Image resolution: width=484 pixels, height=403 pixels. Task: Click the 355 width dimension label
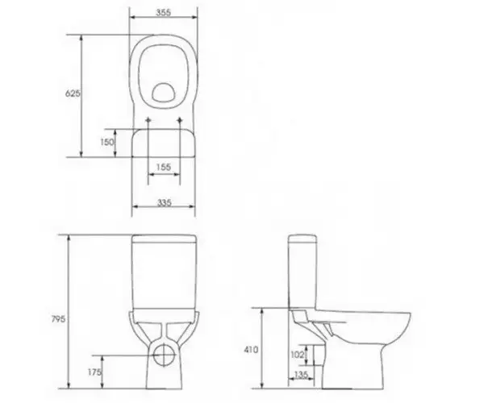(163, 13)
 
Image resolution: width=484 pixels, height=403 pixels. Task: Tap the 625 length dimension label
(73, 93)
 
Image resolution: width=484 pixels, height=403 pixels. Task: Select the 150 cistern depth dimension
(106, 142)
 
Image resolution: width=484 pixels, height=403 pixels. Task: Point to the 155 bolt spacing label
(164, 167)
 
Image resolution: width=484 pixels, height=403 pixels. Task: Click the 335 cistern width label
(165, 202)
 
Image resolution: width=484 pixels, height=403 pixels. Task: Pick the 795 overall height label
(58, 319)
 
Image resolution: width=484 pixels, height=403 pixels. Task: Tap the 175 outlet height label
(94, 372)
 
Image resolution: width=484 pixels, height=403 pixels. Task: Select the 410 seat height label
(251, 350)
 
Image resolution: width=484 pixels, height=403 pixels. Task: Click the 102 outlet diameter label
(298, 355)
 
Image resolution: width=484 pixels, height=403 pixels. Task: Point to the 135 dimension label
(301, 374)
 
